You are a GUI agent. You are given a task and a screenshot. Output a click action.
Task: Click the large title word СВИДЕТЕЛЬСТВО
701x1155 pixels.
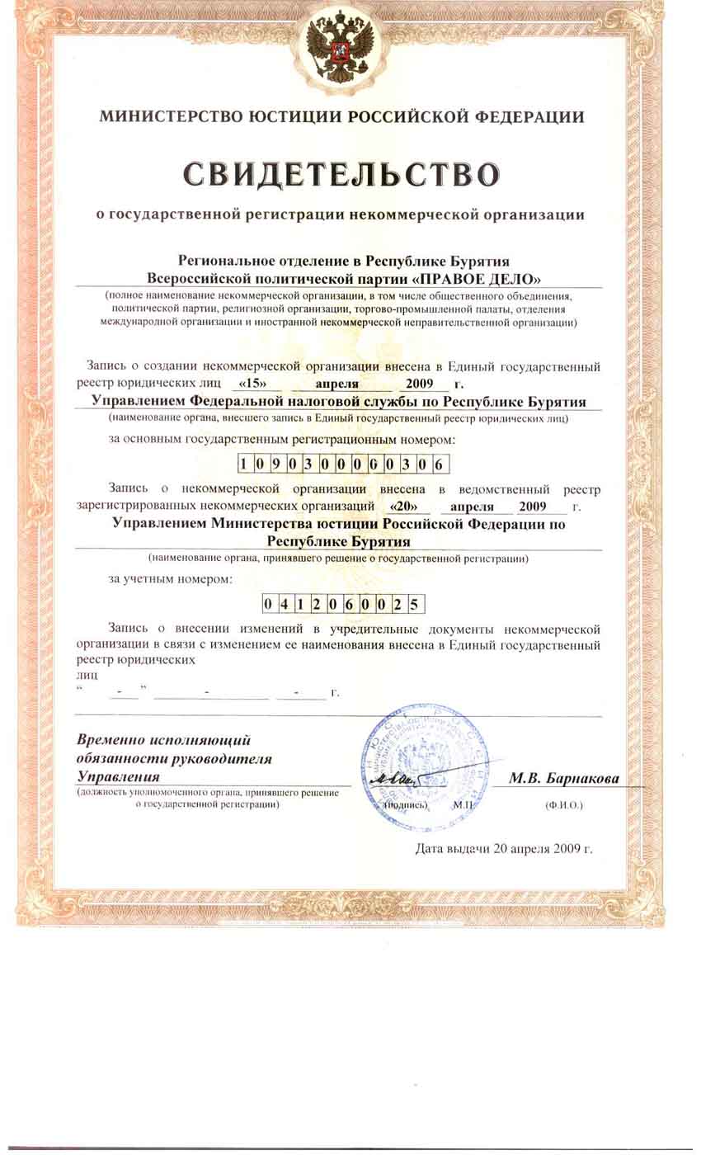pos(341,174)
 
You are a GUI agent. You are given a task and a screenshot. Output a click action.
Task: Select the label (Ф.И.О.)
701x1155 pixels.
pos(563,804)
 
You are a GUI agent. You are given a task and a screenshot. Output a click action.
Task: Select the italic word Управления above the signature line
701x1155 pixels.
pos(118,776)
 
